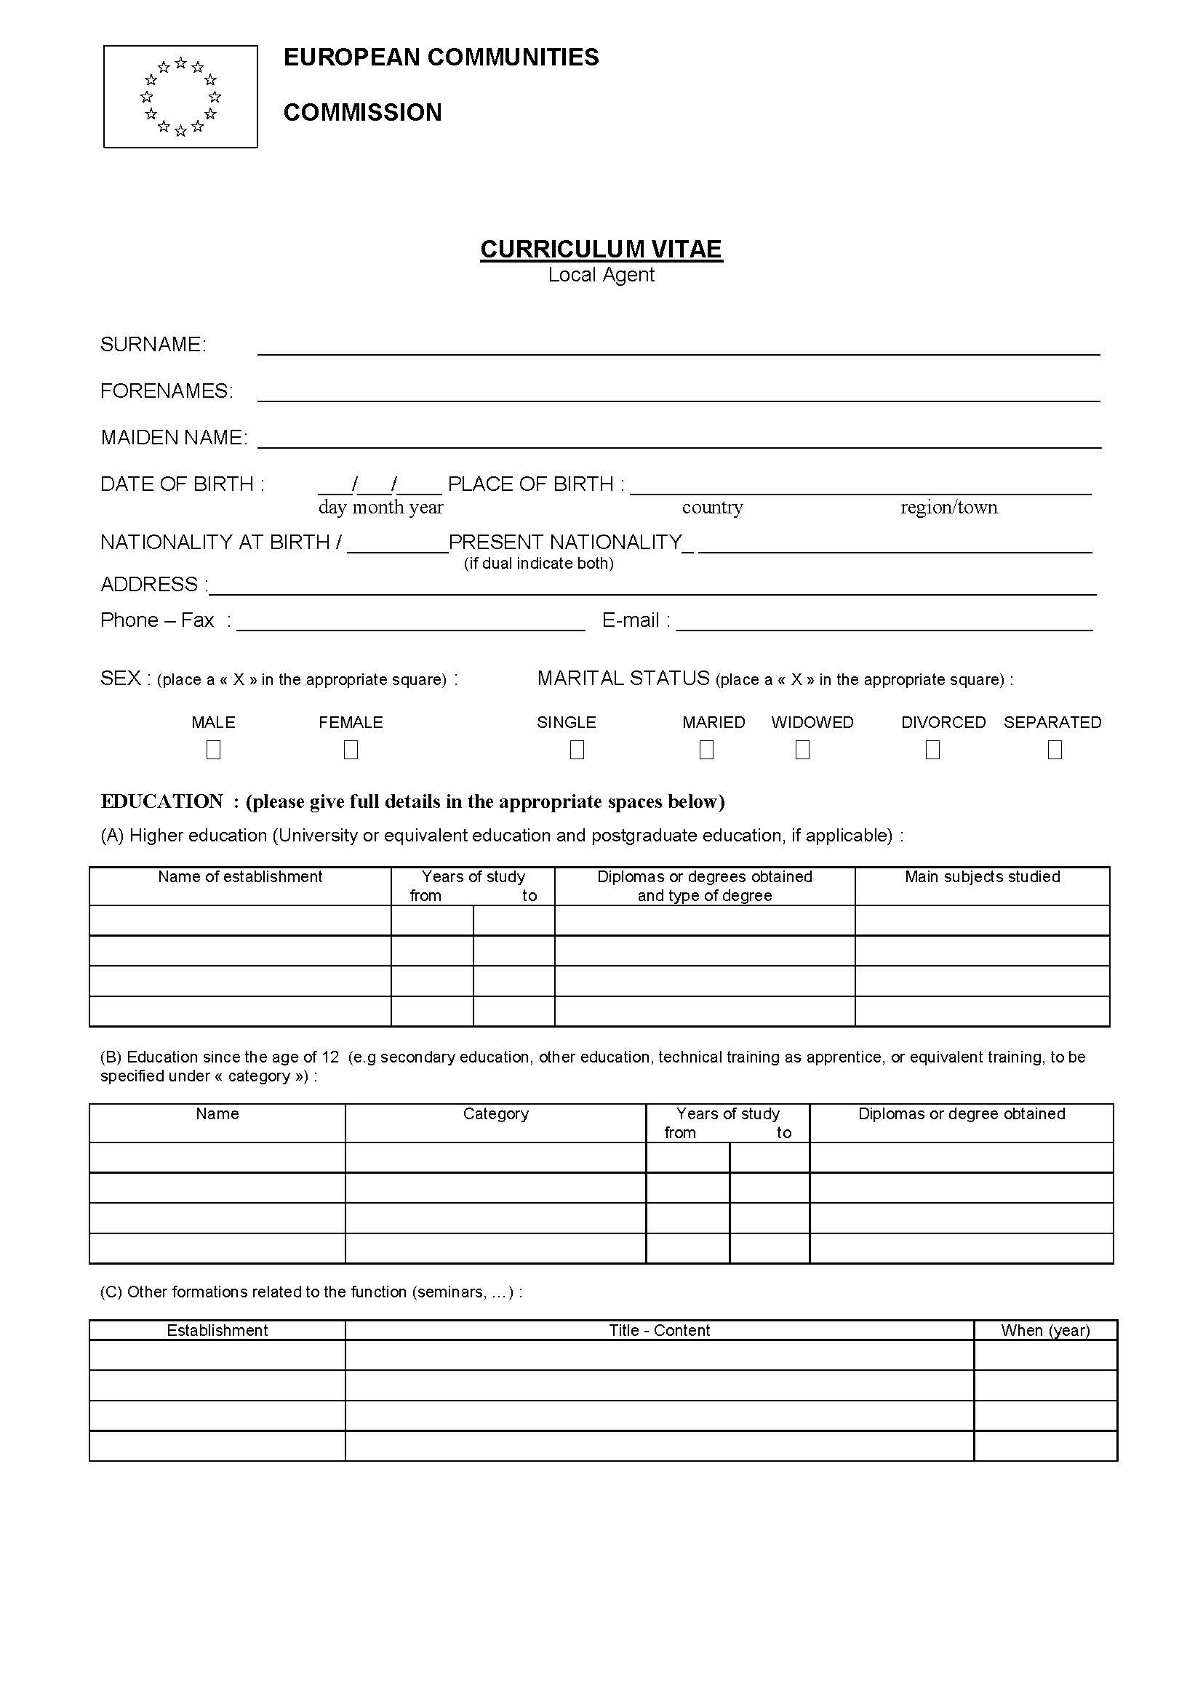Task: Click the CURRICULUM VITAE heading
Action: click(x=601, y=249)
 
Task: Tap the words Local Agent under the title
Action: click(x=601, y=275)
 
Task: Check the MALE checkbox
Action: click(x=213, y=750)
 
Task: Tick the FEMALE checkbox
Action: click(x=351, y=750)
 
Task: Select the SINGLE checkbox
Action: click(x=577, y=750)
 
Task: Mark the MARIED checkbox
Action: click(x=707, y=750)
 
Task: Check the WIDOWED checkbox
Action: click(x=802, y=750)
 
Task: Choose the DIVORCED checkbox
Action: click(x=932, y=750)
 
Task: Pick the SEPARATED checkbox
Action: click(x=1055, y=750)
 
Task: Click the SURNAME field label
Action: click(x=153, y=345)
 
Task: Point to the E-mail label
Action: click(x=636, y=620)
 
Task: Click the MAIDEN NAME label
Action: click(x=174, y=438)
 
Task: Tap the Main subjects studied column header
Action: click(x=982, y=876)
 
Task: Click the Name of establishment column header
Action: click(x=240, y=876)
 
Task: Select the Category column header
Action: click(x=495, y=1113)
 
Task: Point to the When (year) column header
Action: click(x=1045, y=1330)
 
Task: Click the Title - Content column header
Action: click(x=659, y=1330)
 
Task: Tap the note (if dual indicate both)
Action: click(x=538, y=563)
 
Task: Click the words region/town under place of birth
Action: click(x=949, y=507)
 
